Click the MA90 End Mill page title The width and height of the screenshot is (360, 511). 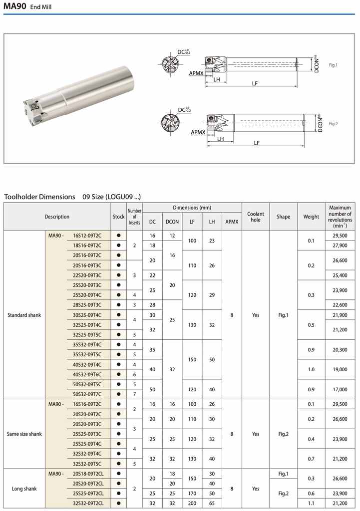[27, 7]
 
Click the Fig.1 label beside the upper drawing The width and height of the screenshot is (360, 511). [334, 65]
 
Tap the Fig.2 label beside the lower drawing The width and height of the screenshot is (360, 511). [334, 123]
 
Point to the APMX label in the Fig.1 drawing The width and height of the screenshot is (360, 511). [196, 73]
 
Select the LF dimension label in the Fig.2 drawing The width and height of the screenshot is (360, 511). [257, 143]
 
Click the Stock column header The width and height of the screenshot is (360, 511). [119, 217]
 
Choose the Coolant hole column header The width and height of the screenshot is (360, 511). [256, 217]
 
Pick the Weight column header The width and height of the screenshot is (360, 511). [311, 217]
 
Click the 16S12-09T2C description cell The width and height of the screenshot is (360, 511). [87, 236]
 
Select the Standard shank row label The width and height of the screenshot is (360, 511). [24, 315]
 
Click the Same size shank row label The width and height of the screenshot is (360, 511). [24, 434]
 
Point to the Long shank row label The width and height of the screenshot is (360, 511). [24, 489]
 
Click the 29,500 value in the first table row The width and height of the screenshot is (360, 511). [340, 236]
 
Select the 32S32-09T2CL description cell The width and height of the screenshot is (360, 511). [88, 503]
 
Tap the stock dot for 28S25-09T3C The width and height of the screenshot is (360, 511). [119, 305]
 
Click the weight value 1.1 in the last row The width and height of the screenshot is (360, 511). [311, 503]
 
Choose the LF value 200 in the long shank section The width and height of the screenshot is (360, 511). [192, 503]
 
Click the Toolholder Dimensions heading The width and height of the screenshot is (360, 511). [39, 197]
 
